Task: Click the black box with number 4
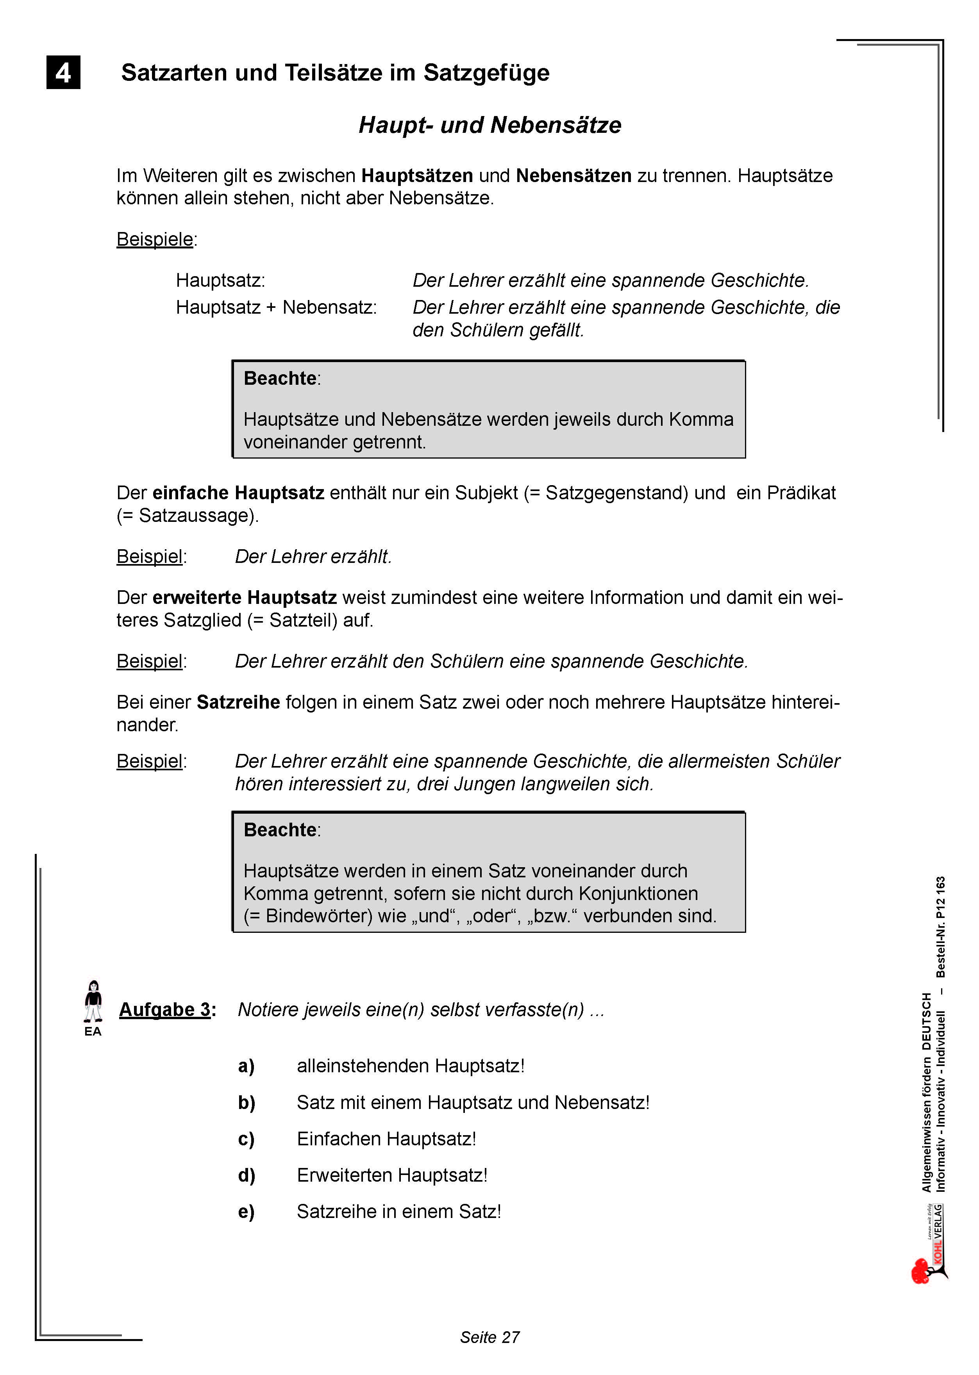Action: click(63, 72)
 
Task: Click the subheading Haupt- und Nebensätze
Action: click(489, 125)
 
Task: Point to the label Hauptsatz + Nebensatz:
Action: click(276, 307)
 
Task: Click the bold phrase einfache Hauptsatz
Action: click(238, 493)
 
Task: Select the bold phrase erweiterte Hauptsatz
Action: click(244, 597)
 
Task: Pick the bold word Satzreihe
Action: click(238, 702)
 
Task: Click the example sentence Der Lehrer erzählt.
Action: click(313, 556)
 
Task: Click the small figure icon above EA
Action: click(93, 1001)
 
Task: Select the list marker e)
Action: click(246, 1212)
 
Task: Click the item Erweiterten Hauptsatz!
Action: click(392, 1175)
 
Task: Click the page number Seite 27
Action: click(489, 1337)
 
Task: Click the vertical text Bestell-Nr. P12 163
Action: click(940, 927)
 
